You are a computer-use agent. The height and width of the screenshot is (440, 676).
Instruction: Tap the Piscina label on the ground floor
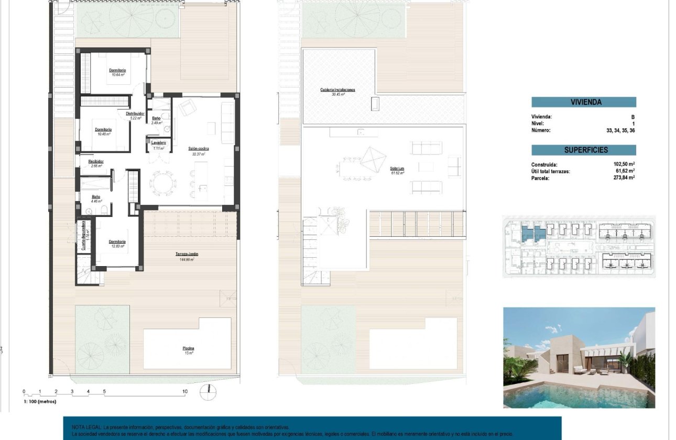[188, 348]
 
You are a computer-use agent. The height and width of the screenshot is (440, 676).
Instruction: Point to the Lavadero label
[159, 143]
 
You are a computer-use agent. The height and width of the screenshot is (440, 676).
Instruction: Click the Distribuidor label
[135, 114]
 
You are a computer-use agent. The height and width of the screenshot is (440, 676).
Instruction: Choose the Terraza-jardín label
[187, 254]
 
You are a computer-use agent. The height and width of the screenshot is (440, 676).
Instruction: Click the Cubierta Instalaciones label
[337, 90]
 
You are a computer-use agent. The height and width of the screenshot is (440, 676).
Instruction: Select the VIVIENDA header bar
[584, 103]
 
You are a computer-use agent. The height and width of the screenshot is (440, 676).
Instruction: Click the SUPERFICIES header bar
[584, 150]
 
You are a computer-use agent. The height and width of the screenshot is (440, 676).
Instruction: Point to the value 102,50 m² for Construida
[624, 164]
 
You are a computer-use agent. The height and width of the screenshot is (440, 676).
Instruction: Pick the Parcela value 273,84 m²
[624, 178]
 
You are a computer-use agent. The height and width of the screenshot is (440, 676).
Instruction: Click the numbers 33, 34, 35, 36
[620, 130]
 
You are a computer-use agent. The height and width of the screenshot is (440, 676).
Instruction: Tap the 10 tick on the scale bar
[184, 391]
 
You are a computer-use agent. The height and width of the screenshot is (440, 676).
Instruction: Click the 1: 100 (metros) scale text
[39, 401]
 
